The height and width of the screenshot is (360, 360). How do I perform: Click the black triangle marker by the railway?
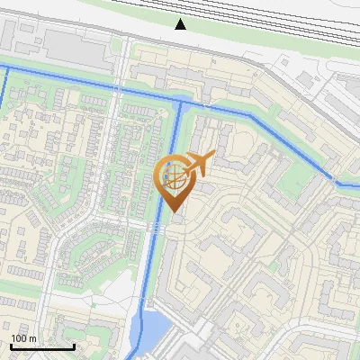(181, 24)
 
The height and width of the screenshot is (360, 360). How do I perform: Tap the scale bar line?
(42, 346)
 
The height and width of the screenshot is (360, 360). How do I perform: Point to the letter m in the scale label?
(32, 338)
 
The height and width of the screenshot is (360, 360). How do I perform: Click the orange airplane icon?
(198, 165)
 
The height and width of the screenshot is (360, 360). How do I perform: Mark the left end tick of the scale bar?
(11, 346)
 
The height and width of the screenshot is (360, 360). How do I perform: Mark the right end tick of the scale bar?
(74, 346)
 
